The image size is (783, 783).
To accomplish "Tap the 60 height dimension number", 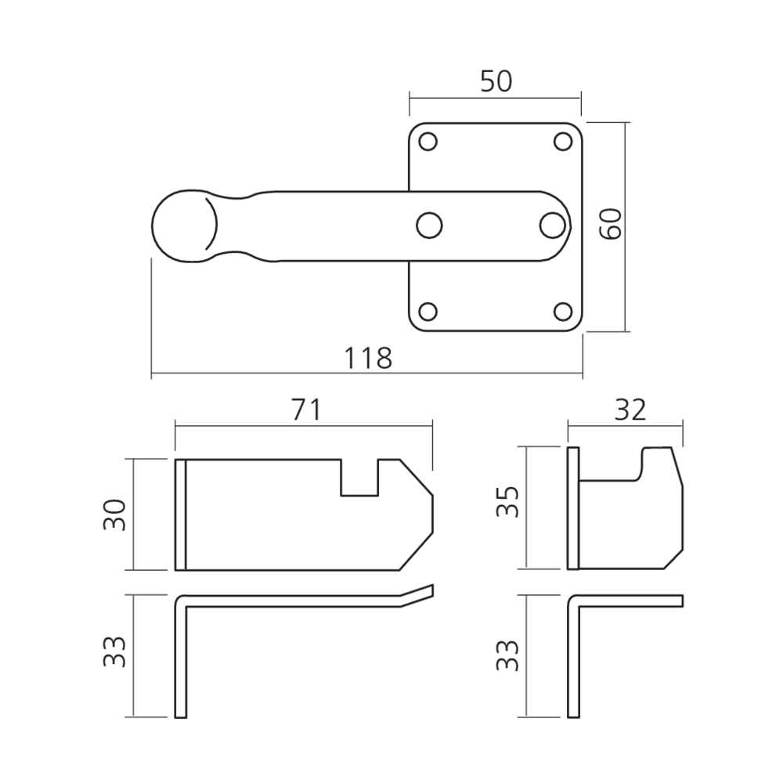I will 611,226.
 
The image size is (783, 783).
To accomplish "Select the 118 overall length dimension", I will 367,358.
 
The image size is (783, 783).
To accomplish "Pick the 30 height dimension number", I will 115,514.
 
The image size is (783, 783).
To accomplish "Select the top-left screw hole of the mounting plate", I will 428,141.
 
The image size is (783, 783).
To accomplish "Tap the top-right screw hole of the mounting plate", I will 562,141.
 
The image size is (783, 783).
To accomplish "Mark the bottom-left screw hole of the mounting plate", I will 428,311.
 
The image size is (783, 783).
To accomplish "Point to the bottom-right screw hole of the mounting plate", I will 562,311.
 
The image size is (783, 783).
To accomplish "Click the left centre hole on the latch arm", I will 428,226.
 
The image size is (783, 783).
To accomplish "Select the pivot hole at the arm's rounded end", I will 551,225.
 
